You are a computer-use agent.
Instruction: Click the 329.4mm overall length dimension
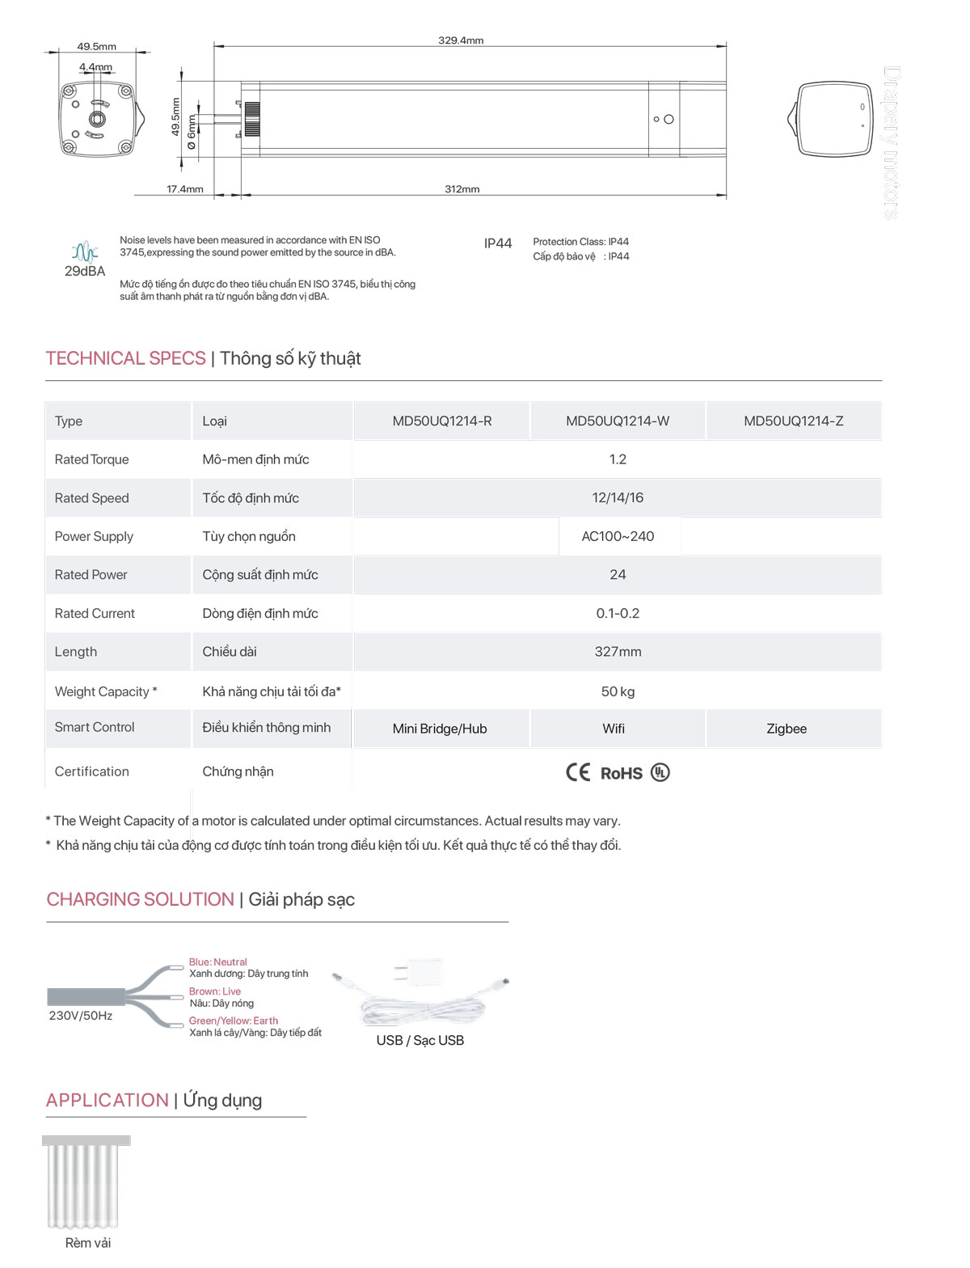click(x=461, y=40)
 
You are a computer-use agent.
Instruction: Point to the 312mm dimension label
click(x=462, y=189)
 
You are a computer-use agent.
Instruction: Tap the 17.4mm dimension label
click(x=185, y=189)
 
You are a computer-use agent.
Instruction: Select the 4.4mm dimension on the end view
click(x=95, y=67)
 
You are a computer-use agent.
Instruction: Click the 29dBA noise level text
click(x=85, y=272)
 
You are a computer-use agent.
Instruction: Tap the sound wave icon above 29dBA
click(x=85, y=251)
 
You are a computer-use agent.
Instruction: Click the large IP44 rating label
click(x=498, y=243)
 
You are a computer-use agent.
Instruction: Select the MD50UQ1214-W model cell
click(x=618, y=421)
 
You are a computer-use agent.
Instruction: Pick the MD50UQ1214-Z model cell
click(x=793, y=421)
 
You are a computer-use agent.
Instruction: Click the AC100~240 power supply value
click(x=618, y=536)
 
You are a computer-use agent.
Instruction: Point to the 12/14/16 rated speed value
click(x=618, y=498)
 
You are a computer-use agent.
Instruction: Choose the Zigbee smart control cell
click(x=787, y=729)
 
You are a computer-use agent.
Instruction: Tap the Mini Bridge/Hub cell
click(x=440, y=729)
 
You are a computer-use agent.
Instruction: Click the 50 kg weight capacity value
click(x=618, y=691)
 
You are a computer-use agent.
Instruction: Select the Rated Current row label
click(x=95, y=614)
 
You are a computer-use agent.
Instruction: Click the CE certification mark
click(x=578, y=772)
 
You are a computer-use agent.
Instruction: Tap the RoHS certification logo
click(x=622, y=774)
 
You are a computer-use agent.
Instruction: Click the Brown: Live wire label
click(x=215, y=991)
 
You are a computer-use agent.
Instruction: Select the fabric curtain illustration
click(x=86, y=1181)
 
